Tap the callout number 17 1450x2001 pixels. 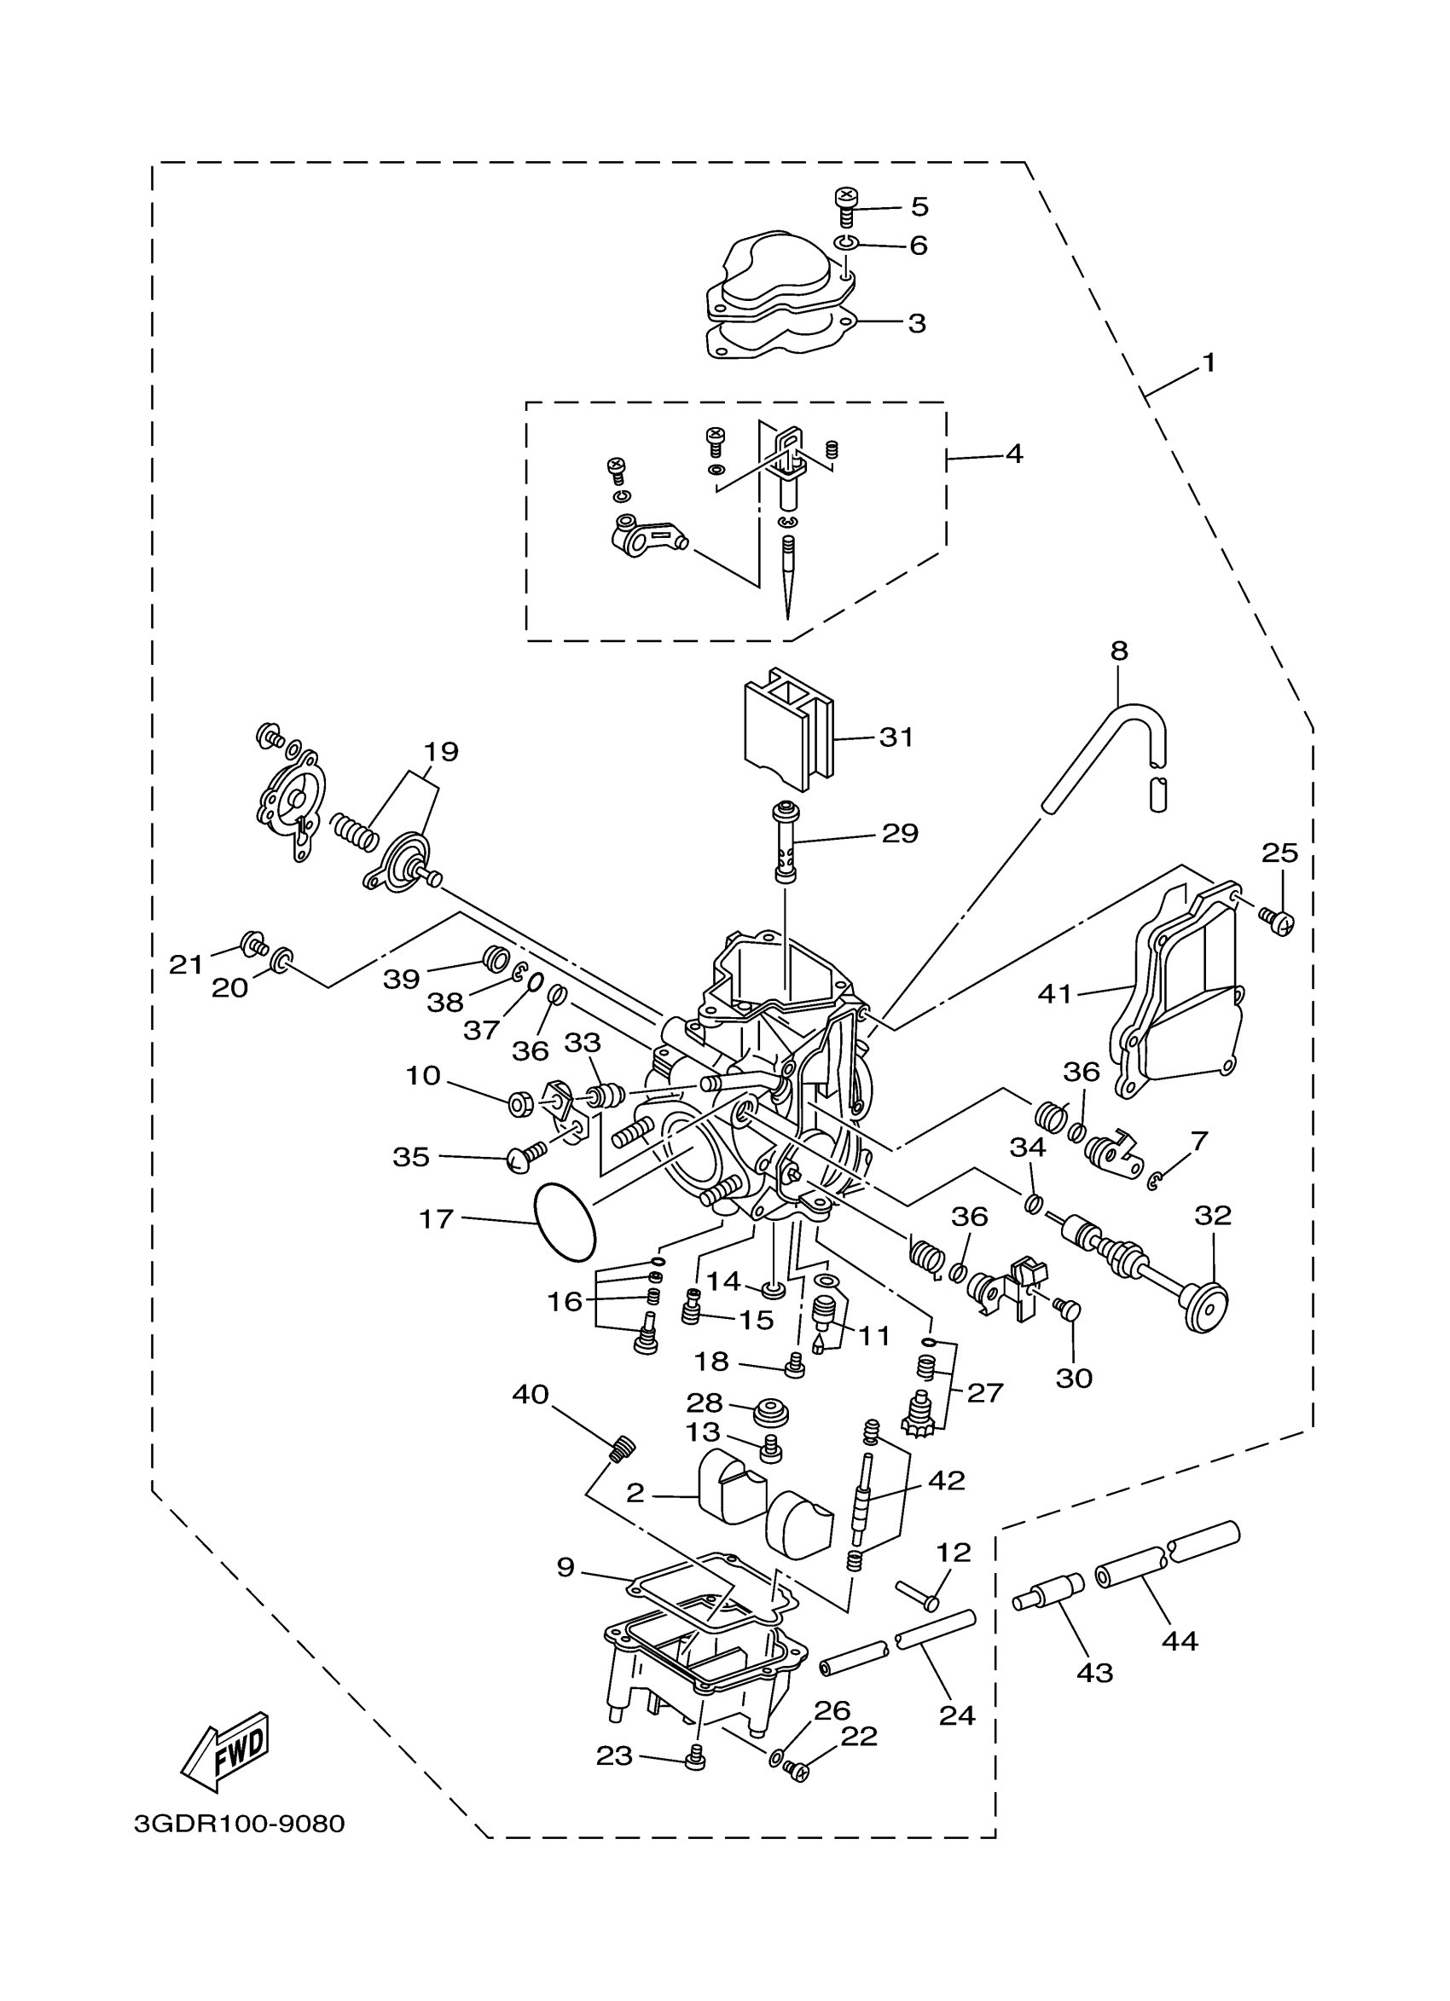(436, 1218)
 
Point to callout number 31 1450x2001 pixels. (896, 737)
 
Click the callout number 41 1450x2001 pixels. (1054, 994)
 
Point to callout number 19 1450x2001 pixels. (440, 753)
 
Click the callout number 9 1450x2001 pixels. (565, 1567)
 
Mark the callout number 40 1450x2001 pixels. (531, 1394)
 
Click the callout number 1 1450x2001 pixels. (1209, 362)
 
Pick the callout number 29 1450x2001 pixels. (900, 833)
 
